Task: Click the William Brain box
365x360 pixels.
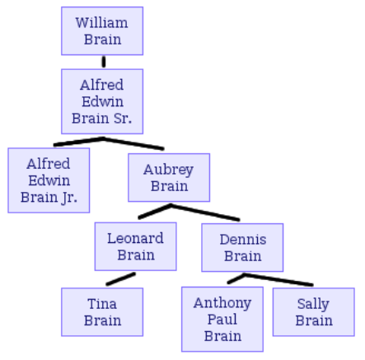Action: [102, 31]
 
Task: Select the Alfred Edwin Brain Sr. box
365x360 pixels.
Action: [102, 101]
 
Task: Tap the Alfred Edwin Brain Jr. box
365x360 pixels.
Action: [49, 180]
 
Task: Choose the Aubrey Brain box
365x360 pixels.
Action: [169, 178]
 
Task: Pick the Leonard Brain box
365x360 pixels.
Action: [135, 246]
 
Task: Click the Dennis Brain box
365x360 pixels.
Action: [242, 248]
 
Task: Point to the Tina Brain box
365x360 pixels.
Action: [102, 312]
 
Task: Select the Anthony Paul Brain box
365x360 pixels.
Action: [222, 320]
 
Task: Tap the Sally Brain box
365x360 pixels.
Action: [314, 312]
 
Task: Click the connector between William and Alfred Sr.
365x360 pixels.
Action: [104, 62]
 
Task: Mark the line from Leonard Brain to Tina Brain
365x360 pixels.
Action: [121, 279]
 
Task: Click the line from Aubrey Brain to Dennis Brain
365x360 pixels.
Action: [205, 213]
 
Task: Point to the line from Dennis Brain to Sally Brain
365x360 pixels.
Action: [278, 280]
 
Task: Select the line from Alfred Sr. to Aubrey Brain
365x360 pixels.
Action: [133, 143]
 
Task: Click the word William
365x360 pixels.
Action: [101, 23]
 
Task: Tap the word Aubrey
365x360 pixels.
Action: [168, 170]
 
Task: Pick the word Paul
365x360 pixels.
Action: [222, 320]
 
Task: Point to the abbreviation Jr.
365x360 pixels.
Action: [69, 198]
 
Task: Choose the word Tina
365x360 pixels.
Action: [102, 304]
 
